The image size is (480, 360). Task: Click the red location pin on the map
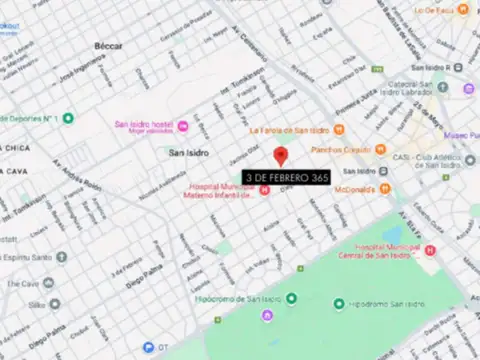coord(281,156)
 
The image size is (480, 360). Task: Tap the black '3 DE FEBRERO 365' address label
coord(287,177)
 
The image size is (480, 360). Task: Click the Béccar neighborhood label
coord(108,47)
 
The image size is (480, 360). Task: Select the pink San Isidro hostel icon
coord(183,125)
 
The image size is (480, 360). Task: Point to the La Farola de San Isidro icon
coord(338,129)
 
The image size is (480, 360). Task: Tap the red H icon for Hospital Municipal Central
coord(430,250)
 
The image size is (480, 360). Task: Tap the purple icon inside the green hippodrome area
coord(267,316)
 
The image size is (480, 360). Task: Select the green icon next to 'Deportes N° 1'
coord(68,118)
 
